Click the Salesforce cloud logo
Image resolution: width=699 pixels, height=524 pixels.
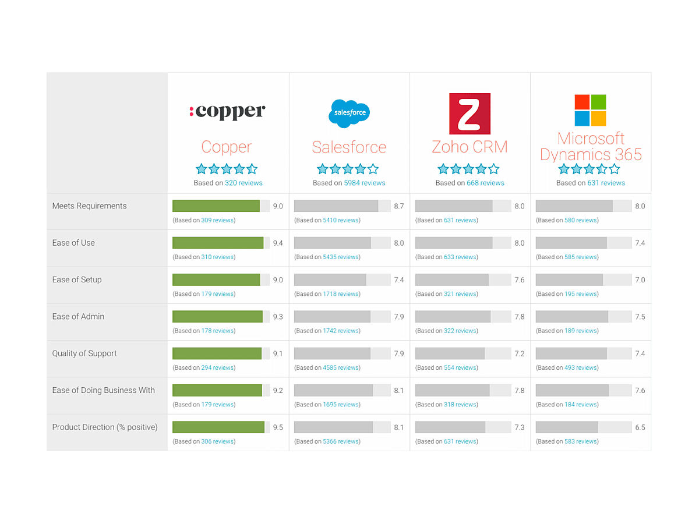point(349,113)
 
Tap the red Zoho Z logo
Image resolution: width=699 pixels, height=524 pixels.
point(469,114)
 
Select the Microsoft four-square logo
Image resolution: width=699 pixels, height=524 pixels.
point(590,110)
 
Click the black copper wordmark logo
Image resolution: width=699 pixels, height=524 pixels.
point(227,111)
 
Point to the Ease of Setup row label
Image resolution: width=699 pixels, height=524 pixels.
point(77,279)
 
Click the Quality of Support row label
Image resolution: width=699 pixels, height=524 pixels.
point(84,353)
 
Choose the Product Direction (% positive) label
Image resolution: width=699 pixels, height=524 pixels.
point(105,427)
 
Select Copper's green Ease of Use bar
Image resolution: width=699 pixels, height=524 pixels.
point(218,243)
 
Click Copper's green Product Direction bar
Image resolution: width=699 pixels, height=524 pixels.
point(218,427)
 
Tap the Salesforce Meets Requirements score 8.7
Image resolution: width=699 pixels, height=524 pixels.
point(398,206)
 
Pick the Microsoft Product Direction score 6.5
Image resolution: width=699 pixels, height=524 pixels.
point(640,427)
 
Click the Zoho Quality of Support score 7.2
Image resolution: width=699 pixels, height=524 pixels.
point(520,353)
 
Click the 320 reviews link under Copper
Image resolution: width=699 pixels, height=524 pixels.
point(243,183)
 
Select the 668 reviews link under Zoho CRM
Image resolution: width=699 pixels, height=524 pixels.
point(485,183)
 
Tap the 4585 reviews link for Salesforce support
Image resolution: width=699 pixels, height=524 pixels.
point(341,368)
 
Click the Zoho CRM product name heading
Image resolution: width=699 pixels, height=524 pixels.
point(469,147)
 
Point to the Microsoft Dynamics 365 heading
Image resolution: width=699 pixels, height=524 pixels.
point(591,146)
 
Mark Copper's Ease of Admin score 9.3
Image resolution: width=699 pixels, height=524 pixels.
point(278,317)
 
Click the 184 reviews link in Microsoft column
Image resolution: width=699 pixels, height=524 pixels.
point(581,405)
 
